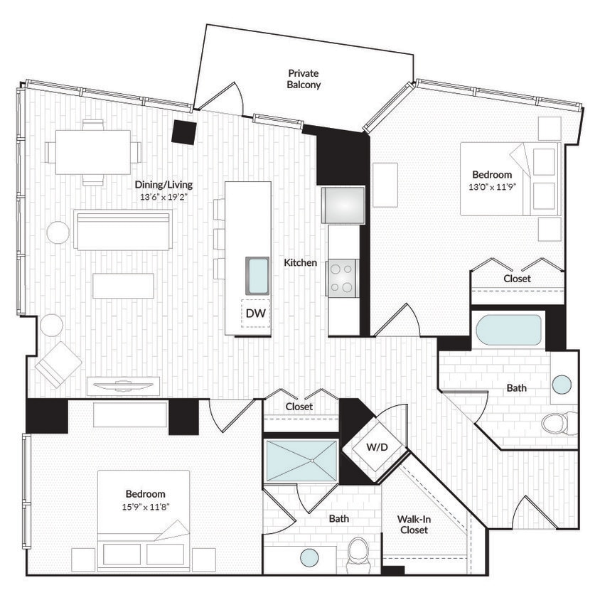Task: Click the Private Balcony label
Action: [x=304, y=79]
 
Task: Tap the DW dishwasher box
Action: [x=255, y=313]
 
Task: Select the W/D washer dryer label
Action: [x=376, y=448]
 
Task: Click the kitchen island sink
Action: [x=257, y=276]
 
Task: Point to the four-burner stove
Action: [x=343, y=278]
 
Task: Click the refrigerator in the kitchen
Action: [x=343, y=205]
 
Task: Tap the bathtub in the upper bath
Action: [x=508, y=330]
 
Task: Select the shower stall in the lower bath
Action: [x=301, y=461]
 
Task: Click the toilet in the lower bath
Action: [x=358, y=552]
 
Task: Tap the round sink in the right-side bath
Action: [x=562, y=385]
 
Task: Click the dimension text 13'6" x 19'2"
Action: [x=164, y=197]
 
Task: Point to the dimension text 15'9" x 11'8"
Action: [x=145, y=507]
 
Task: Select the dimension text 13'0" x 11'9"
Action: [x=491, y=187]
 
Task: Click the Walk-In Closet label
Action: [x=414, y=525]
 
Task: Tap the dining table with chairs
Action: [x=93, y=152]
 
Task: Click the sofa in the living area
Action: [x=122, y=230]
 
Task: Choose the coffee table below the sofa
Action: [x=123, y=286]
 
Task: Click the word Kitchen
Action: [x=301, y=263]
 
